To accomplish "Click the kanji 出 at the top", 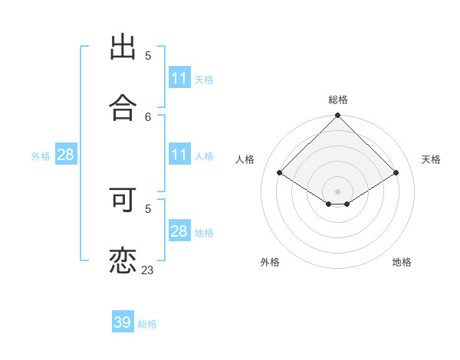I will point(123,47).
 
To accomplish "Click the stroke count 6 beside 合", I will point(148,116).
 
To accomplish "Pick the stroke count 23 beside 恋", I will point(147,270).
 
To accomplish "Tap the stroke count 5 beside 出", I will point(148,56).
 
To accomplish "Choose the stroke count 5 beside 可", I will point(148,208).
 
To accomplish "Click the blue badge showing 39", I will point(123,322).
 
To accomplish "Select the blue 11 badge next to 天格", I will point(179,78).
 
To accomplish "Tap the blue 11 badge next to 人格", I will point(179,155).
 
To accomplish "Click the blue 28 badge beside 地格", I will point(179,231).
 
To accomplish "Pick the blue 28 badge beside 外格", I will point(66,155).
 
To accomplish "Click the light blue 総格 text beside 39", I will point(147,324).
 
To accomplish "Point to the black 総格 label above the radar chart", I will point(338,100).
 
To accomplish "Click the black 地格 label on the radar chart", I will point(402,262).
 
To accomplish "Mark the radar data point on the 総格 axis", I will point(338,116).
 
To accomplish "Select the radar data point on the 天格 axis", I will point(396,173).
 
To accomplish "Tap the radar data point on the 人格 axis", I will point(280,173).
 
